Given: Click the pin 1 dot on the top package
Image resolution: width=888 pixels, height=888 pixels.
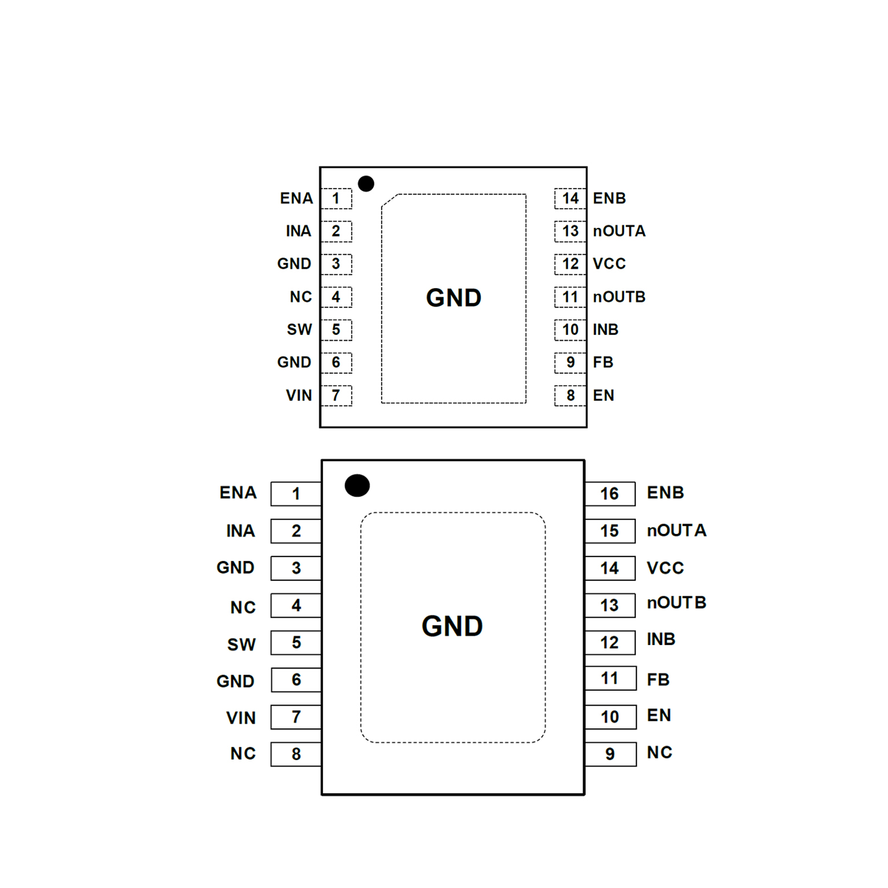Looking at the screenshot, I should click(x=366, y=184).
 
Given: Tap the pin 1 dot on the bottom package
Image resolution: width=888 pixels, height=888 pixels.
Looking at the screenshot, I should click(x=357, y=485).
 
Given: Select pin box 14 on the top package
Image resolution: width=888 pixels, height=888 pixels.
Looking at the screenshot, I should click(x=570, y=198).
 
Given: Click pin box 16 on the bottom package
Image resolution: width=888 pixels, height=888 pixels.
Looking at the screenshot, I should click(x=610, y=493).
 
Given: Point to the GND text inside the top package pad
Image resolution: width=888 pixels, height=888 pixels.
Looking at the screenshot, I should click(x=454, y=298).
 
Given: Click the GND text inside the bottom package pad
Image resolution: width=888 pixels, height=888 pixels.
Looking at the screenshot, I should click(x=452, y=626).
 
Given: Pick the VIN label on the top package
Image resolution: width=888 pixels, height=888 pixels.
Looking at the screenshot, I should click(x=299, y=395).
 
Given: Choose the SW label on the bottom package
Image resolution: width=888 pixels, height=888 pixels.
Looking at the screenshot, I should click(x=241, y=644).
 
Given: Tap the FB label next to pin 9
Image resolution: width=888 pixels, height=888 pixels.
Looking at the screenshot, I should click(x=603, y=362).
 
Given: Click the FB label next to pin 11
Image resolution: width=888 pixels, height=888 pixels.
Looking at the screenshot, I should click(x=658, y=679).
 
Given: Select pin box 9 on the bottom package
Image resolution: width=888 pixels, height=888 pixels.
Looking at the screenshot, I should click(x=610, y=754).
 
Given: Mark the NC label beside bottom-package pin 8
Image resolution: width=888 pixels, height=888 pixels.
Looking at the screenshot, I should click(x=243, y=754).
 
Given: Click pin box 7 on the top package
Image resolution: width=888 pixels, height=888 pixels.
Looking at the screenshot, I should click(x=336, y=395).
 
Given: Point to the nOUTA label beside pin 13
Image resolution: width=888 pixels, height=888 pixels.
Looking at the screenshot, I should click(x=619, y=231).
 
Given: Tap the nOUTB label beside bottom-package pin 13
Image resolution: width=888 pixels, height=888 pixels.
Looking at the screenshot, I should click(x=676, y=603).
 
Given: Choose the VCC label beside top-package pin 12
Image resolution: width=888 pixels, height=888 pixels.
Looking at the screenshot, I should click(x=609, y=264).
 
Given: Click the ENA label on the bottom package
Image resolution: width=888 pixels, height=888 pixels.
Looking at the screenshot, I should click(x=238, y=493).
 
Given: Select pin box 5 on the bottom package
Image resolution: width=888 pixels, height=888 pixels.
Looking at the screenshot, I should click(x=296, y=642).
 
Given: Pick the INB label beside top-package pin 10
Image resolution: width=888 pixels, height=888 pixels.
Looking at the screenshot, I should click(x=606, y=329).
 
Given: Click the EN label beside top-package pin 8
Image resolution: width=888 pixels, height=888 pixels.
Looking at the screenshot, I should click(x=603, y=395).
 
